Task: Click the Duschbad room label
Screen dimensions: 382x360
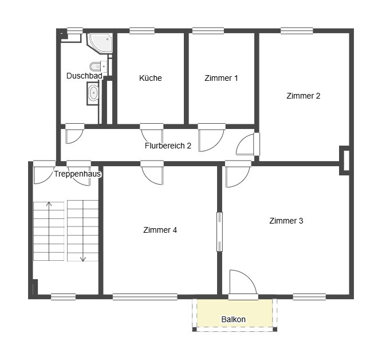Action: pos(84,76)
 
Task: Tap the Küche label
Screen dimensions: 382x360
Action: pos(150,78)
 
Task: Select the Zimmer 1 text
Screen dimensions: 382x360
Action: pos(221,78)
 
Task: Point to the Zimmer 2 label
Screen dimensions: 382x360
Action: pos(304,96)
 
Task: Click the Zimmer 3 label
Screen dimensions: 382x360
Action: pos(286,221)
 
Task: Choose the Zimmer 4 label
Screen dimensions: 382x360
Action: pos(160,230)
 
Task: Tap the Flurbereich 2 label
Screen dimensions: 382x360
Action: pos(168,146)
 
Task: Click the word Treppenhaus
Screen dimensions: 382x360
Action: pos(77,174)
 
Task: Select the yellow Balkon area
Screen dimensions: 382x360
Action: pos(234,313)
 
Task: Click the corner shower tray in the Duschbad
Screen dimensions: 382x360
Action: pos(100,43)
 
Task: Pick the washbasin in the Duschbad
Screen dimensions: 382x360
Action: pos(93,93)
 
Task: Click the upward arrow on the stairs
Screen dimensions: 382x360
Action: pos(49,231)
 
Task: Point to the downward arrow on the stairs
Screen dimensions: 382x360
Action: pos(83,231)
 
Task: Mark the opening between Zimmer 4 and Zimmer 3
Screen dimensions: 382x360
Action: pos(219,232)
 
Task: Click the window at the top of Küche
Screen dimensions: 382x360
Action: pos(142,31)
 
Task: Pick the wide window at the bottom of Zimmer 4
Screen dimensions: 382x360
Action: pos(145,297)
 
